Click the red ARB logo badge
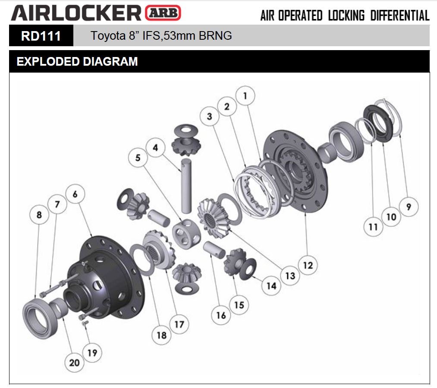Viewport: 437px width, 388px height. (x=164, y=13)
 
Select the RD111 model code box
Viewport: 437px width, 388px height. (x=41, y=35)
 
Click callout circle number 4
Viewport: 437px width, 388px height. (x=155, y=148)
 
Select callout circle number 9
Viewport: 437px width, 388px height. (x=409, y=207)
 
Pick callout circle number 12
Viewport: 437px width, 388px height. (x=307, y=264)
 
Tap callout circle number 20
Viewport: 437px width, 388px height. (x=75, y=362)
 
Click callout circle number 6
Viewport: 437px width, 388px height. (x=75, y=194)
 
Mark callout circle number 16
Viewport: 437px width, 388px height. (x=221, y=315)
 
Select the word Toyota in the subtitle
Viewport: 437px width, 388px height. (x=106, y=35)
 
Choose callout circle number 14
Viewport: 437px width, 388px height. (x=271, y=285)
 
